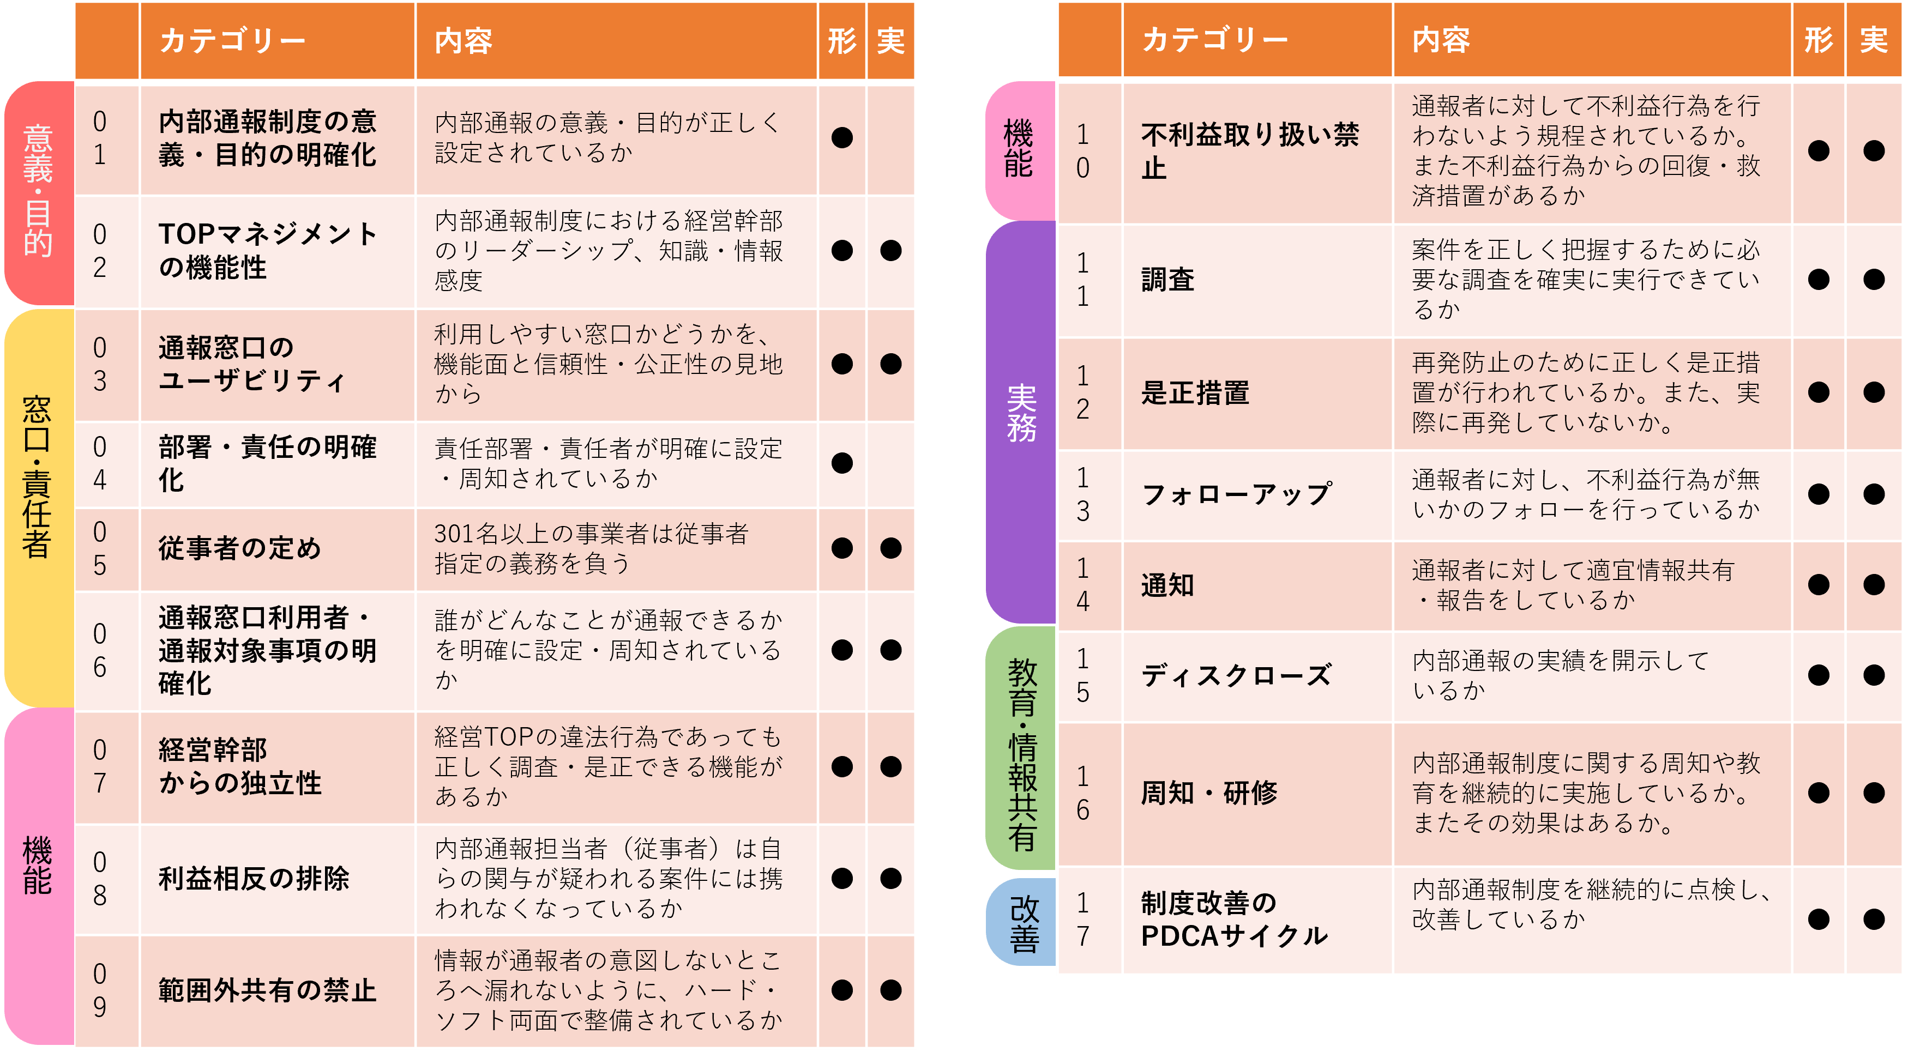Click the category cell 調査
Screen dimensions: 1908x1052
(x=1167, y=280)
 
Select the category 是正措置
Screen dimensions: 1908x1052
(x=1195, y=393)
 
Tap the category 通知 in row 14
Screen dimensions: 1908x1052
(x=1167, y=585)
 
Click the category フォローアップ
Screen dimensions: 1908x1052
(x=1236, y=494)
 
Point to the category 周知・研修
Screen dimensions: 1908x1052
(x=1209, y=793)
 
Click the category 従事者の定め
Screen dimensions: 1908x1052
(x=240, y=548)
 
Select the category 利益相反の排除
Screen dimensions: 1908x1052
(x=254, y=879)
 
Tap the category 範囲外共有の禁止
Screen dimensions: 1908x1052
(x=267, y=990)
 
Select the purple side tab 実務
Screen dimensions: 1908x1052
(x=1021, y=422)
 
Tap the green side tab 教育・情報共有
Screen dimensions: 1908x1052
(x=1021, y=748)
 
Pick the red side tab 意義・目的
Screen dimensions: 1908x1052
(x=39, y=192)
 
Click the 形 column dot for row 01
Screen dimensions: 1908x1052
(x=842, y=138)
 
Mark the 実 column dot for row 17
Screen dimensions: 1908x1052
(x=1874, y=920)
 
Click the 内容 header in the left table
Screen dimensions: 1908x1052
(x=464, y=41)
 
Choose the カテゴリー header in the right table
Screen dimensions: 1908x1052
(x=1215, y=39)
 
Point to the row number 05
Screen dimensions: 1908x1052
(x=100, y=548)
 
